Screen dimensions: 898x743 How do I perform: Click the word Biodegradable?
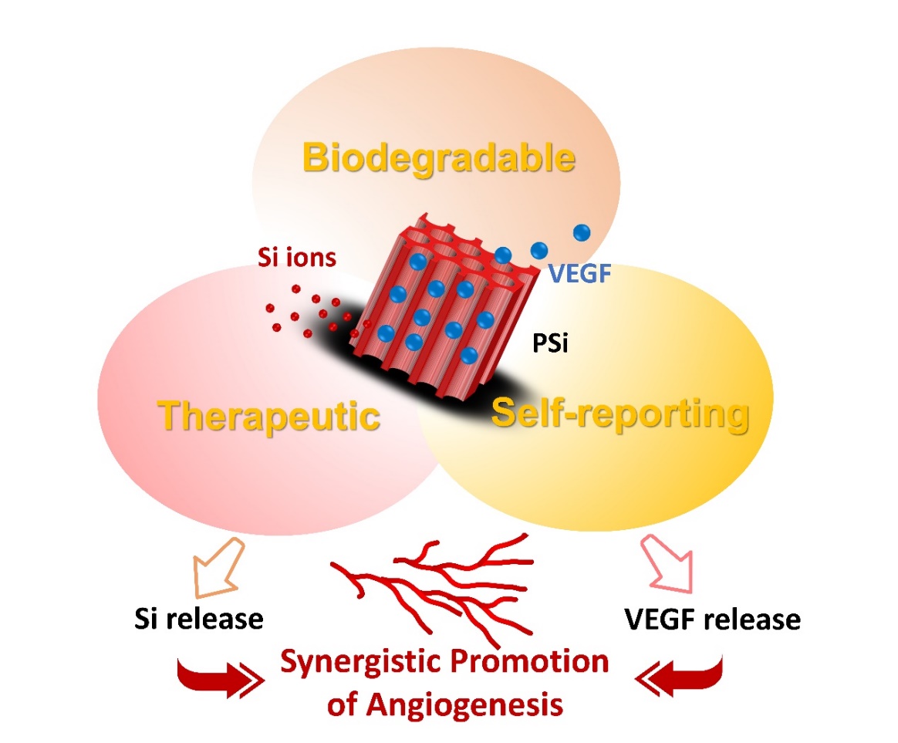(x=439, y=158)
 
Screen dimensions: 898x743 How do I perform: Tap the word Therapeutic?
(x=268, y=417)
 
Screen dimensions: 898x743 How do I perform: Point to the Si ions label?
(x=297, y=257)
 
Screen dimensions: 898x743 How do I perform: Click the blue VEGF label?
(x=579, y=274)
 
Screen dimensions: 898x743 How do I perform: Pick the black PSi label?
(x=550, y=343)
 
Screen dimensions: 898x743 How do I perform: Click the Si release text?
(x=199, y=619)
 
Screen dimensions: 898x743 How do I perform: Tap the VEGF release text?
(x=712, y=620)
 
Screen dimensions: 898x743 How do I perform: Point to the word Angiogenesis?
(x=464, y=705)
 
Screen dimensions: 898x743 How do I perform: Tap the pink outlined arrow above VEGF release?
(x=667, y=564)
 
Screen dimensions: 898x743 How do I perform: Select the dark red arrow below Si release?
(x=220, y=678)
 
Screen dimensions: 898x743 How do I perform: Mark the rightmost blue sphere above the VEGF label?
(x=582, y=232)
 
